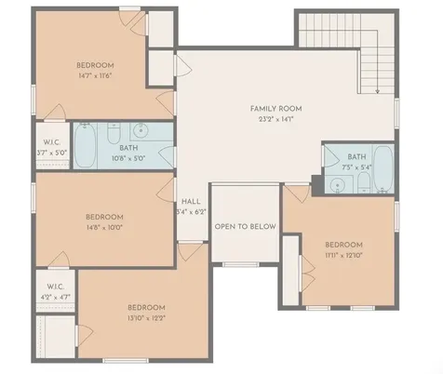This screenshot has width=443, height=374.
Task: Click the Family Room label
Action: tap(275, 109)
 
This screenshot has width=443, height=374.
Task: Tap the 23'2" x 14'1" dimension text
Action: tap(275, 119)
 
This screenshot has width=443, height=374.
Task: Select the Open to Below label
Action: tap(246, 226)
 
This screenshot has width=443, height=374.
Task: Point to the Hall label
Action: tap(191, 202)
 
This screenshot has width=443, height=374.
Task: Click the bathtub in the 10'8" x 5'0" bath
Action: tap(85, 145)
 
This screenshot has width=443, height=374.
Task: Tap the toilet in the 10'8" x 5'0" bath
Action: tap(114, 133)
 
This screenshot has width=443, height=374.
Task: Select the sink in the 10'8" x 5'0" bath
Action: tap(141, 130)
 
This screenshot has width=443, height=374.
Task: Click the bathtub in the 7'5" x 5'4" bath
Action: tap(383, 168)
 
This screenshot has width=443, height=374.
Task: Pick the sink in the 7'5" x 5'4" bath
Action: tap(338, 185)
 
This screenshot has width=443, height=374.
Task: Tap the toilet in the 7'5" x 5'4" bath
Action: tap(364, 182)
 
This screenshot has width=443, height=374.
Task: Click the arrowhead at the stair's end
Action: tap(377, 91)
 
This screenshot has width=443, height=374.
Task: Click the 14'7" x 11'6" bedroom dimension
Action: tap(95, 75)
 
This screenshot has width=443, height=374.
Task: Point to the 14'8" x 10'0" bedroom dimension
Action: tap(104, 228)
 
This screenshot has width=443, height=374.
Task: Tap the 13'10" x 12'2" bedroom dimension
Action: tap(147, 318)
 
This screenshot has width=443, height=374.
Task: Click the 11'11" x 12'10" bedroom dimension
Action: tap(344, 256)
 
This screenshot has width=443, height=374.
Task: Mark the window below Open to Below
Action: tap(240, 264)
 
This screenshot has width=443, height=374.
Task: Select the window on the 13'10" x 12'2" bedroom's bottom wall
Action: tap(126, 361)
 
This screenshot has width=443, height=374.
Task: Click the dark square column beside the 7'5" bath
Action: tap(317, 185)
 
